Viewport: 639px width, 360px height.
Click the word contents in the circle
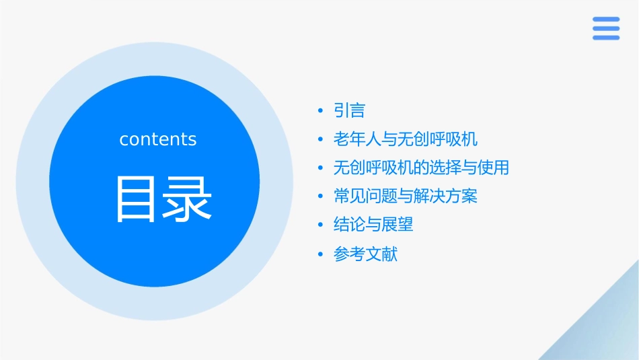[158, 139]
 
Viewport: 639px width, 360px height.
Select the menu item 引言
[349, 110]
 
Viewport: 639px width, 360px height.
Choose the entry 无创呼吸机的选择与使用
[421, 168]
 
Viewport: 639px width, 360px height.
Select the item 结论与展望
[373, 225]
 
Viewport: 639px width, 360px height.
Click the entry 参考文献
[365, 254]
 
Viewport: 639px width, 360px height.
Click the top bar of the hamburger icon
[606, 20]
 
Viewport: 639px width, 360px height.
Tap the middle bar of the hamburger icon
[606, 28]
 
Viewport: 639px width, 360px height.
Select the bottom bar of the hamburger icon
[606, 37]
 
